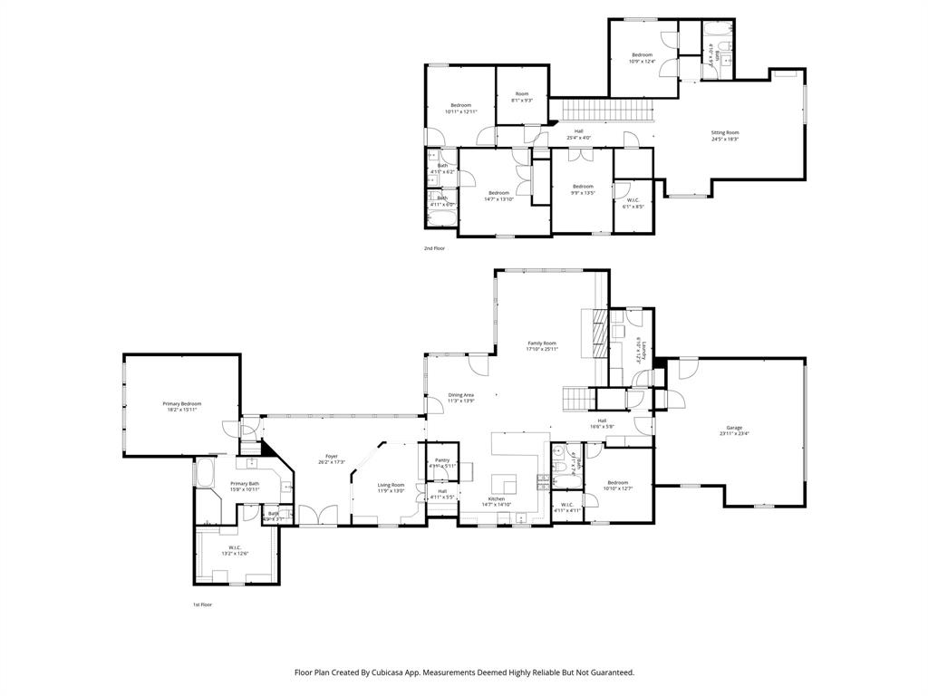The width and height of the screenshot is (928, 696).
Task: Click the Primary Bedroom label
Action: coord(182,406)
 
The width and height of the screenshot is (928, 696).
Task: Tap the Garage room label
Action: coord(734,430)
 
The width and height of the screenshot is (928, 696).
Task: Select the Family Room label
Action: coord(542,345)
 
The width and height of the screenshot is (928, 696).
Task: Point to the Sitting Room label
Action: coord(724,135)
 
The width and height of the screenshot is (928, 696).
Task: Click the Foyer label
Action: coord(332,459)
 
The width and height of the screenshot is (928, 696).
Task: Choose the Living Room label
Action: coord(391,488)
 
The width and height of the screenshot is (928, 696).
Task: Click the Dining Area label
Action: coord(461,397)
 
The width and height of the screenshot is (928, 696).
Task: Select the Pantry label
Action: coord(442,462)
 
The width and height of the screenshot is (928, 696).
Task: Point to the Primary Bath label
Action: coord(245,486)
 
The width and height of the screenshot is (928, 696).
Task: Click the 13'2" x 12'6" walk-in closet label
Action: coord(234,550)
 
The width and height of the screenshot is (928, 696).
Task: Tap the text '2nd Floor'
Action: coord(434,247)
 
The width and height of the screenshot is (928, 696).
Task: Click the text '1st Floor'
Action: coord(202,604)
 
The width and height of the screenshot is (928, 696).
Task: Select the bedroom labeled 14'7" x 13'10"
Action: coord(498,195)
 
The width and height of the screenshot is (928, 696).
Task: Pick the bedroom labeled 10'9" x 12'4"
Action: coord(642,58)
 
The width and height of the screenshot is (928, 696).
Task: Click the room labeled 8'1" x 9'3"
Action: coord(522,97)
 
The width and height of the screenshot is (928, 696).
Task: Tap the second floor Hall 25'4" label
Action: coord(578,134)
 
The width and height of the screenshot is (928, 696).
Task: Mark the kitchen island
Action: coord(504,482)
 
